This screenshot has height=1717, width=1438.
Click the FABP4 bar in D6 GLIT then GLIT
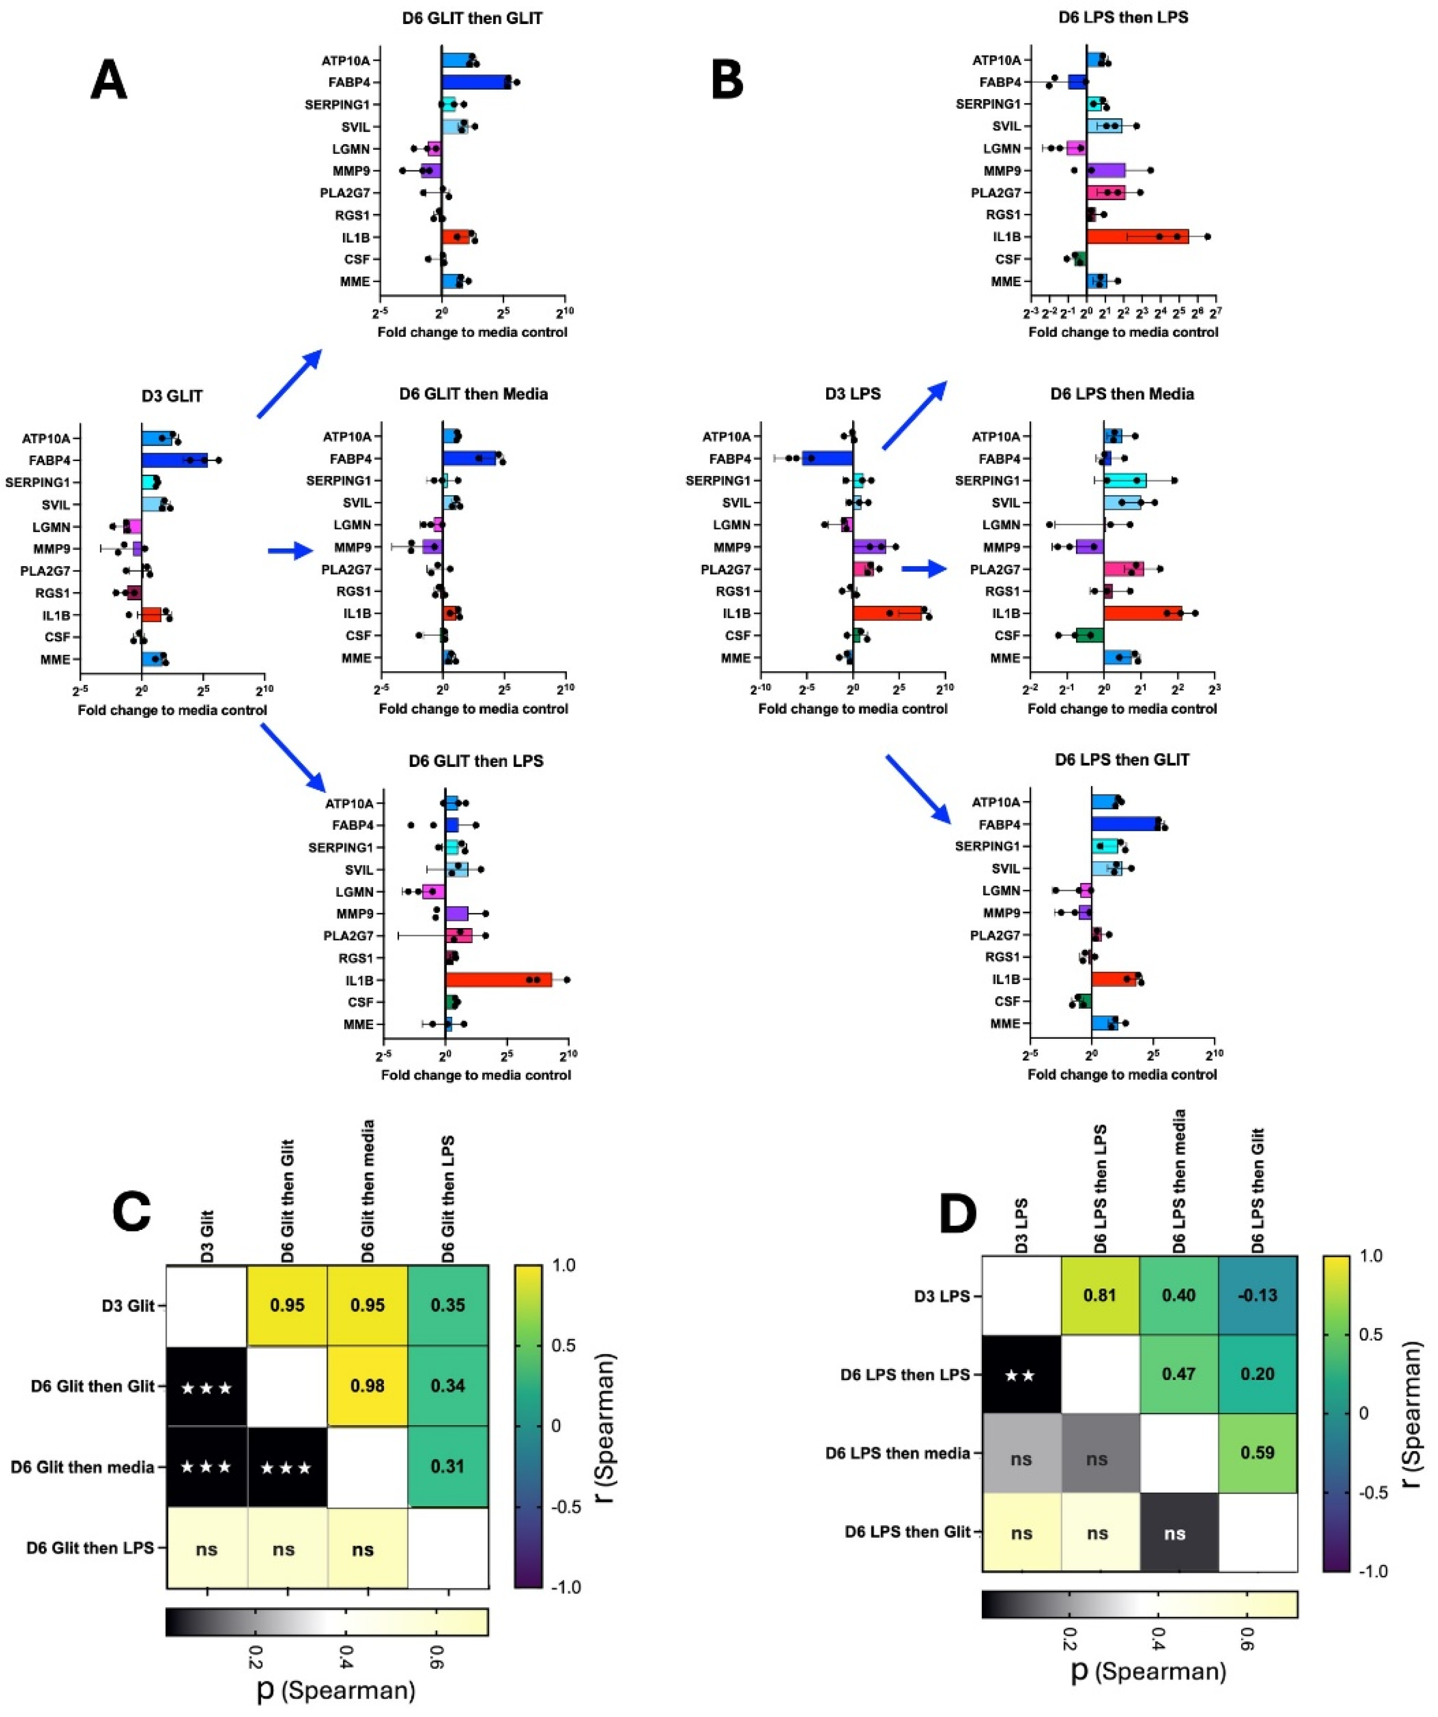tap(476, 82)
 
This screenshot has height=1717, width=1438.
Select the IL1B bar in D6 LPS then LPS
tap(1137, 237)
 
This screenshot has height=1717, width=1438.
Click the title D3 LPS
tap(853, 394)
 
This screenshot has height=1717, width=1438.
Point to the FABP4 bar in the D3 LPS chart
tap(828, 459)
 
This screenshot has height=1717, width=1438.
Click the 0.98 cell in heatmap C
tap(368, 1386)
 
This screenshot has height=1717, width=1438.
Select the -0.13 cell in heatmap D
tap(1257, 1296)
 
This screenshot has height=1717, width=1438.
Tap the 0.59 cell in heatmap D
tap(1257, 1454)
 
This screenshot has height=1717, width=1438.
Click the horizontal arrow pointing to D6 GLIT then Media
tap(290, 552)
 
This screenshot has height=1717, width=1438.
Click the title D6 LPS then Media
tap(1122, 394)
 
